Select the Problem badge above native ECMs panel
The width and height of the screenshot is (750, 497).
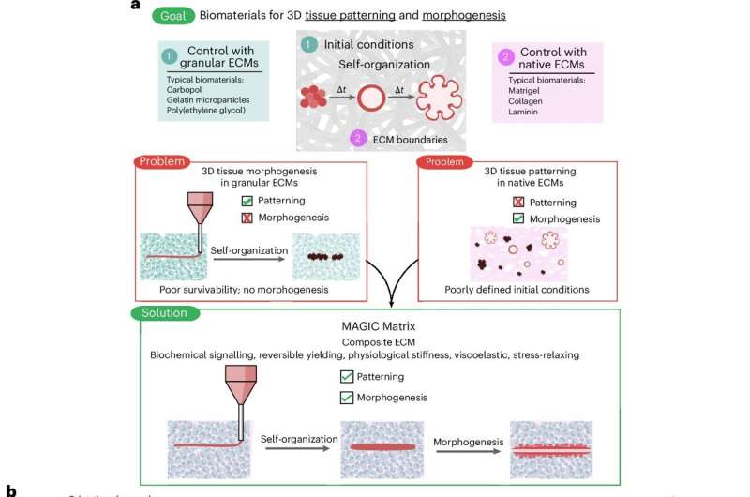click(x=443, y=161)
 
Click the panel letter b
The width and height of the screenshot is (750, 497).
click(x=11, y=490)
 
